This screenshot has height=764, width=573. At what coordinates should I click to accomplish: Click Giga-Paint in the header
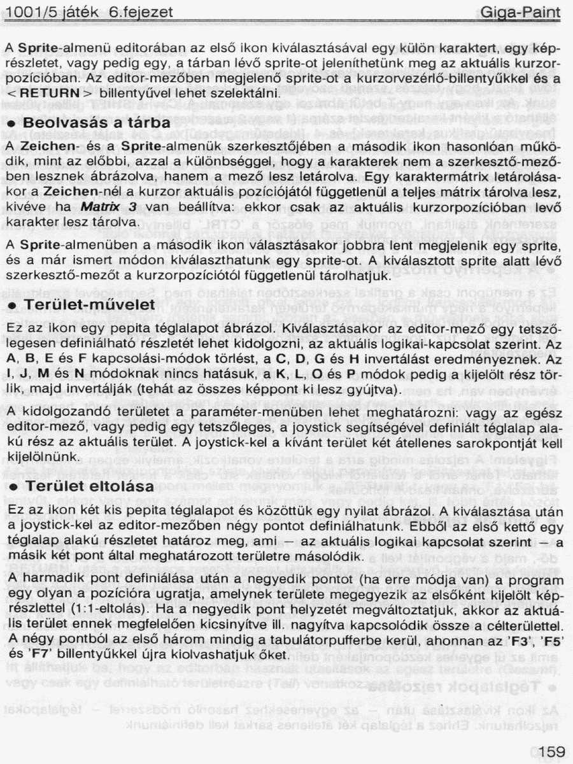pyautogui.click(x=521, y=12)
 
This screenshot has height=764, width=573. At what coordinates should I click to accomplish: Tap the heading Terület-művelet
pyautogui.click(x=90, y=305)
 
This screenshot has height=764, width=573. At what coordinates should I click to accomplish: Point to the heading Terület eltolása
pyautogui.click(x=90, y=486)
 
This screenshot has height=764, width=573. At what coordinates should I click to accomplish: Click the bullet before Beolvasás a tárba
pyautogui.click(x=12, y=123)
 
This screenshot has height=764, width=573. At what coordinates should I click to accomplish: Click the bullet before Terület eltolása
pyautogui.click(x=12, y=487)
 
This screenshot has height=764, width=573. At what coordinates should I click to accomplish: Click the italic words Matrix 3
pyautogui.click(x=109, y=207)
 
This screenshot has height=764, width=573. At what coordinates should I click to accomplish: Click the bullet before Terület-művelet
pyautogui.click(x=12, y=306)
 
